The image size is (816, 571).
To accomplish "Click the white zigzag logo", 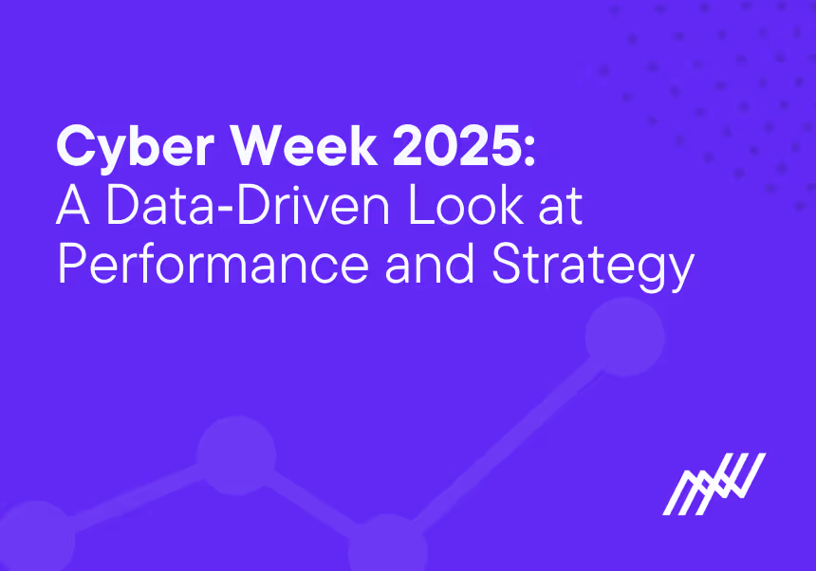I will point(714,483).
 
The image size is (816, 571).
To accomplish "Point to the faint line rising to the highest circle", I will point(512,436).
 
